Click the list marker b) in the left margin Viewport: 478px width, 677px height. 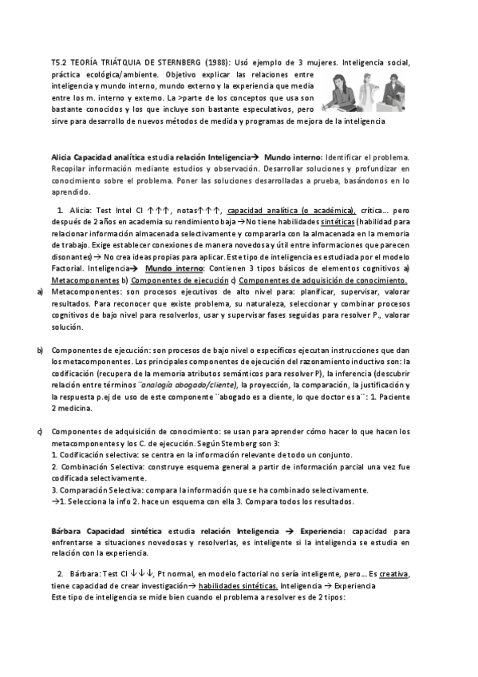click(40, 350)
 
